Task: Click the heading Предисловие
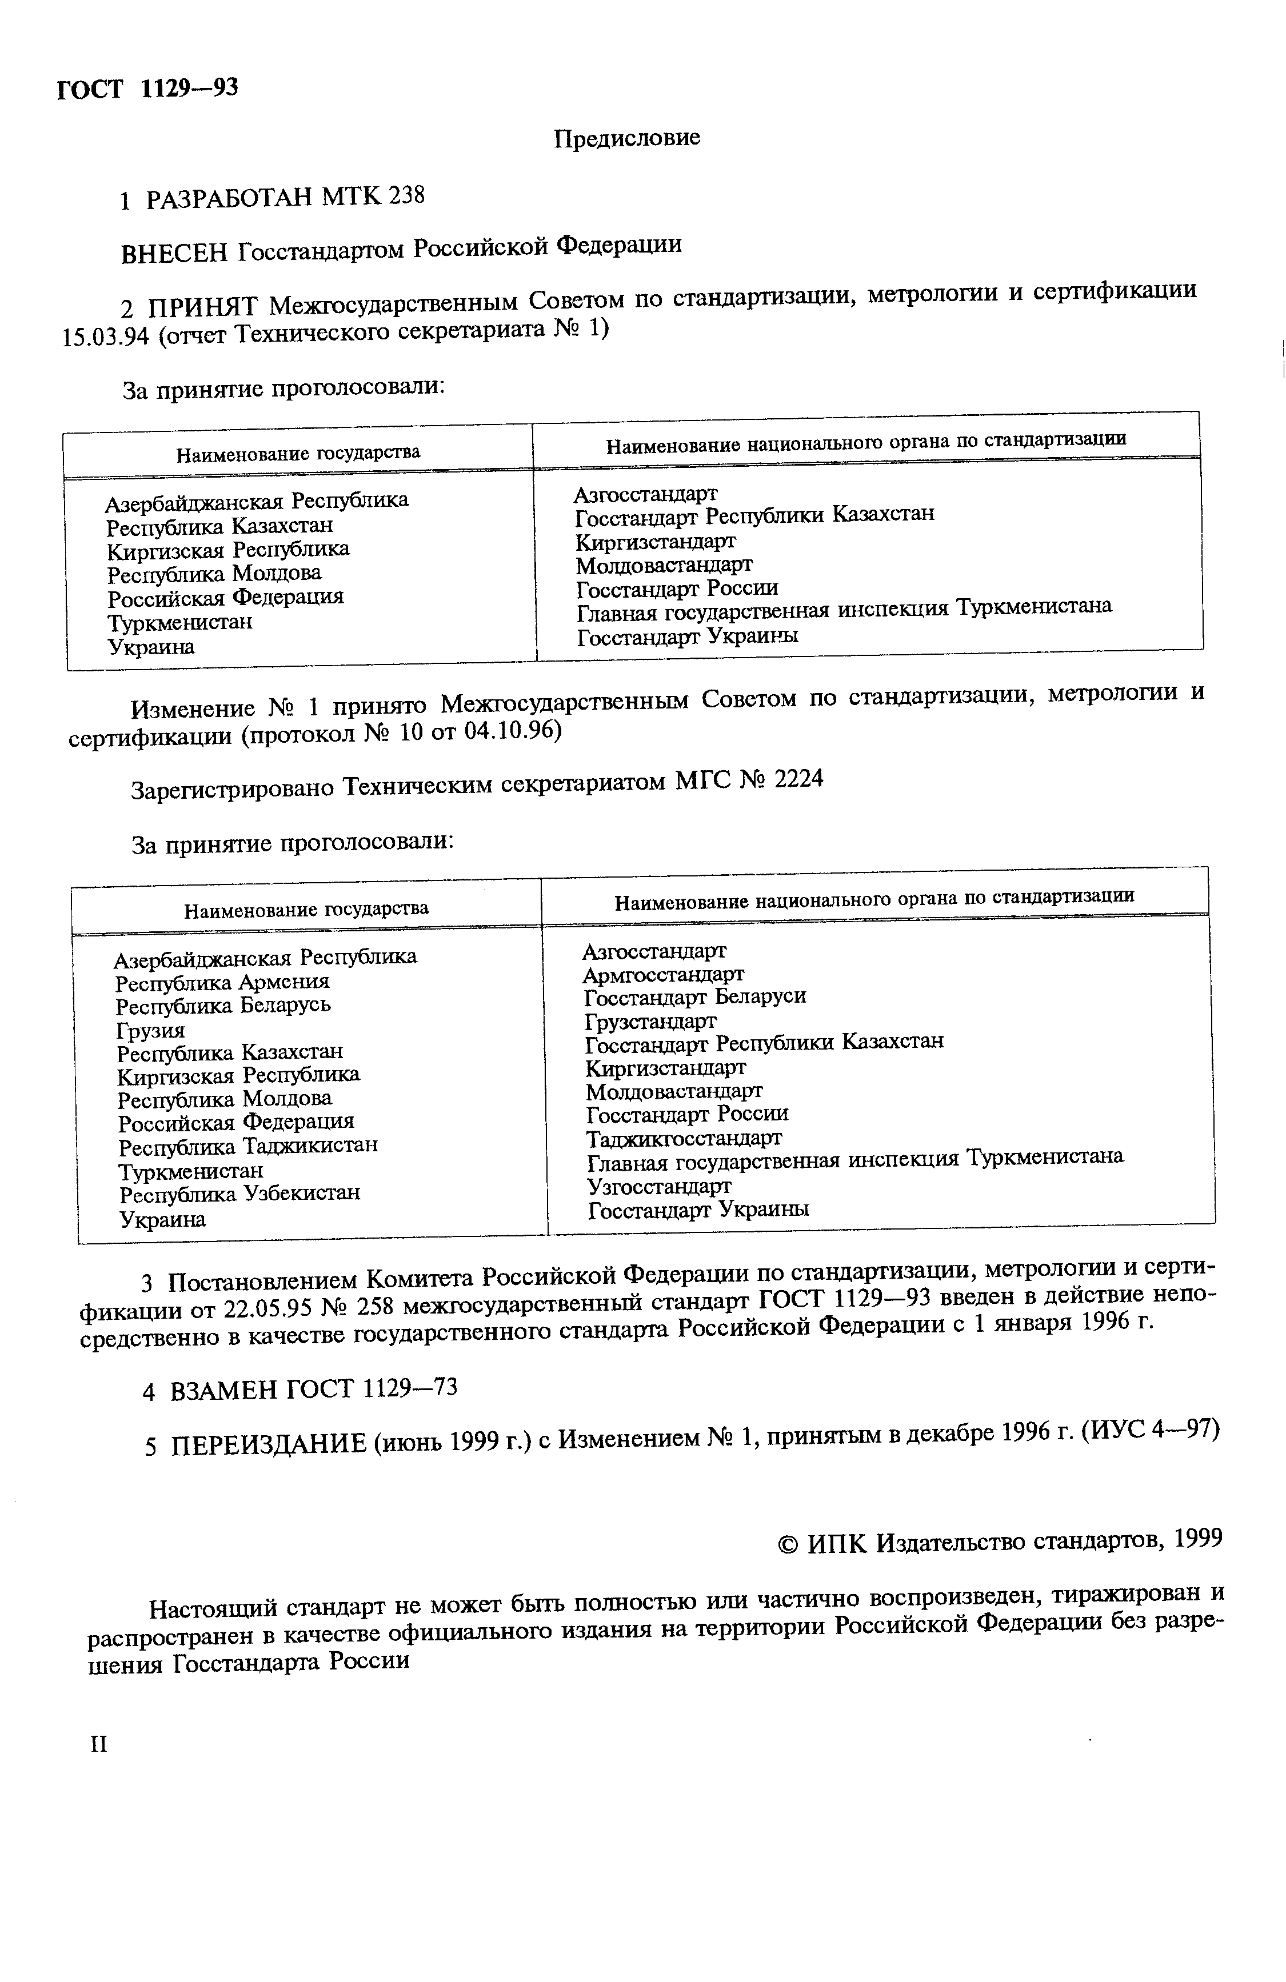[626, 137]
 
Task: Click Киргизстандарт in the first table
[656, 541]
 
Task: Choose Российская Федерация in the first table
[225, 598]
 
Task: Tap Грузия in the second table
[151, 1030]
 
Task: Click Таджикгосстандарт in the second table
[684, 1138]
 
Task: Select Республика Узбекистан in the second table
[240, 1194]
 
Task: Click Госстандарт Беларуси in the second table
[694, 997]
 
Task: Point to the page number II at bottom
[98, 1744]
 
